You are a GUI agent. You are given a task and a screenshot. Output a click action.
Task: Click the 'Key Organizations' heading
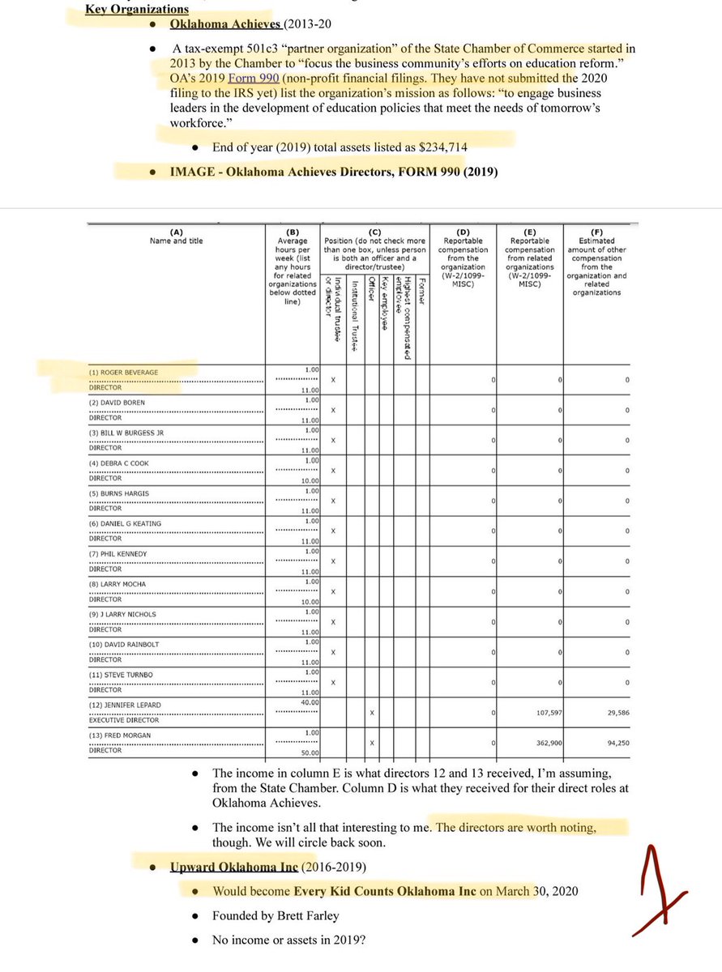point(137,9)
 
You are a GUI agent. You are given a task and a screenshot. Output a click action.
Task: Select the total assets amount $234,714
point(440,147)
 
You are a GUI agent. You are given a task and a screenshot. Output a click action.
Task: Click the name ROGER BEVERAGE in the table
point(124,373)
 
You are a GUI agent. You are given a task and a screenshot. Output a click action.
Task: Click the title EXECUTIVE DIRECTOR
point(124,720)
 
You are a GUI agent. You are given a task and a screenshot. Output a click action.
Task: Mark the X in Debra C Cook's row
point(333,471)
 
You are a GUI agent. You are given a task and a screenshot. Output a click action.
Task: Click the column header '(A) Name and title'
point(176,236)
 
